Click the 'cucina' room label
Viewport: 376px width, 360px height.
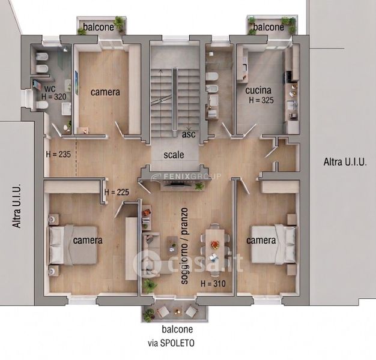point(258,90)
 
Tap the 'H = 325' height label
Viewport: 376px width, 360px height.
point(261,100)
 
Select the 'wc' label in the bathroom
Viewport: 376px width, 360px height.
point(50,89)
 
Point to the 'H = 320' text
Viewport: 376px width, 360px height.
point(53,97)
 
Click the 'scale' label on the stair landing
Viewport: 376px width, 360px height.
point(174,155)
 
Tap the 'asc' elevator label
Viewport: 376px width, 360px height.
point(189,134)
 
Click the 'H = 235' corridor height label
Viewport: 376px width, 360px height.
point(58,154)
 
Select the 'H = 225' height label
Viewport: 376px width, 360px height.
point(117,192)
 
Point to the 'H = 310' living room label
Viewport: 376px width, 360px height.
point(213,284)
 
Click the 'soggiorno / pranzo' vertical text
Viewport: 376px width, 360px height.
point(184,246)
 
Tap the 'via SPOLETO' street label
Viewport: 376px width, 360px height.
point(171,343)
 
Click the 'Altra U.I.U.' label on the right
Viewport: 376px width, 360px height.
point(345,162)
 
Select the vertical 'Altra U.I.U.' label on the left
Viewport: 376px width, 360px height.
point(17,206)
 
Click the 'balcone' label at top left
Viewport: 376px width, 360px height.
point(99,27)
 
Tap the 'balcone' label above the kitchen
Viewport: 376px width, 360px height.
point(268,27)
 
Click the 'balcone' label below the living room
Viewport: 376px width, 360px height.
point(177,329)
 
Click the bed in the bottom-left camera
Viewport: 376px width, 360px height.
point(73,245)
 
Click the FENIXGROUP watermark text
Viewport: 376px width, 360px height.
point(186,176)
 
